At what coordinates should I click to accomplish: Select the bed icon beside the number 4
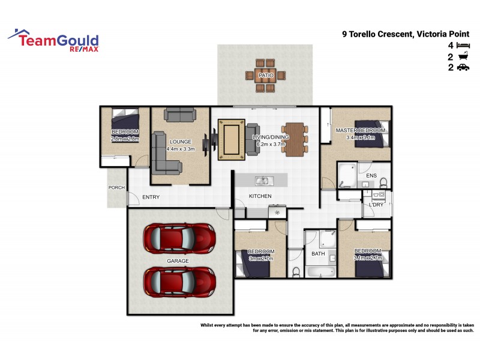[x=462, y=46]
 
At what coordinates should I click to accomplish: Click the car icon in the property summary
[x=462, y=68]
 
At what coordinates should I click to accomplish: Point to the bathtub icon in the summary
[x=462, y=57]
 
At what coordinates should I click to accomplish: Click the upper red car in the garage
[x=179, y=238]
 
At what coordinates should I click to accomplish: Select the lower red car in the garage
[x=179, y=280]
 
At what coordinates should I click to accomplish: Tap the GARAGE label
[x=178, y=261]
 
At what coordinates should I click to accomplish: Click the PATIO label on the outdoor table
[x=265, y=76]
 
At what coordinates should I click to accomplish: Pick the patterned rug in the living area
[x=232, y=139]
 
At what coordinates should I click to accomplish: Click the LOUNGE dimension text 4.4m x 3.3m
[x=181, y=149]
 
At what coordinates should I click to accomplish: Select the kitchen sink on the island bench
[x=262, y=180]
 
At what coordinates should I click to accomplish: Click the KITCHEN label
[x=260, y=196]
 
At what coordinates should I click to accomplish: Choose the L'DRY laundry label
[x=376, y=205]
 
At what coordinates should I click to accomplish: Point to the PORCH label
[x=116, y=188]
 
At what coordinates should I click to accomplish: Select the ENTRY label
[x=151, y=197]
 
